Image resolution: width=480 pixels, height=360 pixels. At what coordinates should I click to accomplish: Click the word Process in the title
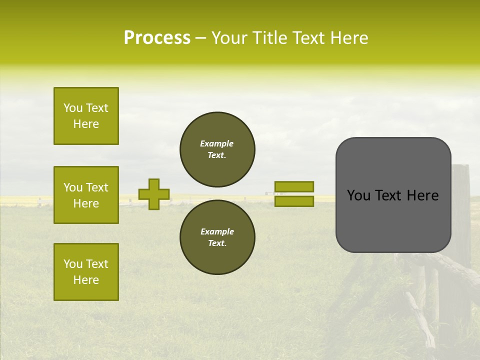[x=157, y=38]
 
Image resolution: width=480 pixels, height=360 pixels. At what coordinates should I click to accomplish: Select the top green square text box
[x=86, y=116]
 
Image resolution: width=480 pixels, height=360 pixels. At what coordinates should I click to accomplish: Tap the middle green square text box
[x=86, y=195]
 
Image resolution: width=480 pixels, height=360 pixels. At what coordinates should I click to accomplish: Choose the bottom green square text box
[x=86, y=272]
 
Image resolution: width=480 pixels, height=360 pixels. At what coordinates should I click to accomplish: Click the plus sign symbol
[x=154, y=194]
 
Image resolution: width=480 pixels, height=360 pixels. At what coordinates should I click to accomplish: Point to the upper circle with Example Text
[x=217, y=149]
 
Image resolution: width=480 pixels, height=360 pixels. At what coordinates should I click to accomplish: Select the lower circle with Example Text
[x=217, y=237]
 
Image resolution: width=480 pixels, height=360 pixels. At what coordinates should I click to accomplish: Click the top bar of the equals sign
[x=294, y=186]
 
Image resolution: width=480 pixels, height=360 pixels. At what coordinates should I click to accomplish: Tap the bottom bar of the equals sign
[x=294, y=201]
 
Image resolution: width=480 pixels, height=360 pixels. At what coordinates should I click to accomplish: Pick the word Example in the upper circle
[x=217, y=143]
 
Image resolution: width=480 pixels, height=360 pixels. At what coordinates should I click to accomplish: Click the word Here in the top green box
[x=86, y=124]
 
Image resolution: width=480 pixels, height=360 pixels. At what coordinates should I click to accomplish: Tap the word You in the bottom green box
[x=73, y=264]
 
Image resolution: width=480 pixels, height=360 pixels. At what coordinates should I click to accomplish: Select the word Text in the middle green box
[x=97, y=187]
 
